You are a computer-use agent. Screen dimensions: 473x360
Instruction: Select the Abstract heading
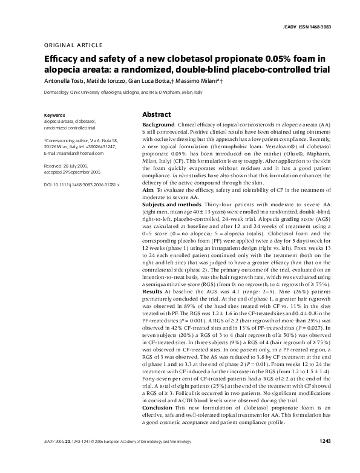(x=155, y=114)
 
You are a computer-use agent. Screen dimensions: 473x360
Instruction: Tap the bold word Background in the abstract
(x=158, y=123)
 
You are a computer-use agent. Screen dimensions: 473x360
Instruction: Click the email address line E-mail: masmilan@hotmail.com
(x=77, y=153)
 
